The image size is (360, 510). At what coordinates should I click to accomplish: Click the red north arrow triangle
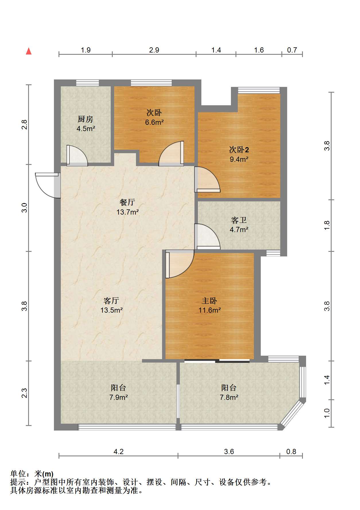(29, 51)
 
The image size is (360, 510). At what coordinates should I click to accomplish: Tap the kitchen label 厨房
(85, 119)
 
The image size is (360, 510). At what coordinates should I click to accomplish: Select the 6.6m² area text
(154, 122)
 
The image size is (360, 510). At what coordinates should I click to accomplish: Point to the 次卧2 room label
(239, 149)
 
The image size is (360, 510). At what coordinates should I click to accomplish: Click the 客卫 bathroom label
(239, 220)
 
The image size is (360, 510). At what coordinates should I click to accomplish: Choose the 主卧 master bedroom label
(209, 301)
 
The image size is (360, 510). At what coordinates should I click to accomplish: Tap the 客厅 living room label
(111, 301)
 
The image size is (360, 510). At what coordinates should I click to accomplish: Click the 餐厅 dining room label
(127, 202)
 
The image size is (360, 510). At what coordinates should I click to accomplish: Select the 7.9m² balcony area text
(118, 398)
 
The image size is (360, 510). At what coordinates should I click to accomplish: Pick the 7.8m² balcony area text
(229, 398)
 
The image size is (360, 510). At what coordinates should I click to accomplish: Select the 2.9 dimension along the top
(154, 50)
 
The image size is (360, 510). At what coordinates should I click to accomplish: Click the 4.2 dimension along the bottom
(118, 452)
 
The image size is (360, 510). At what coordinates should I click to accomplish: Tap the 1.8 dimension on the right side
(327, 225)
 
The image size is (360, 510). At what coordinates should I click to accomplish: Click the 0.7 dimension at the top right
(292, 50)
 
